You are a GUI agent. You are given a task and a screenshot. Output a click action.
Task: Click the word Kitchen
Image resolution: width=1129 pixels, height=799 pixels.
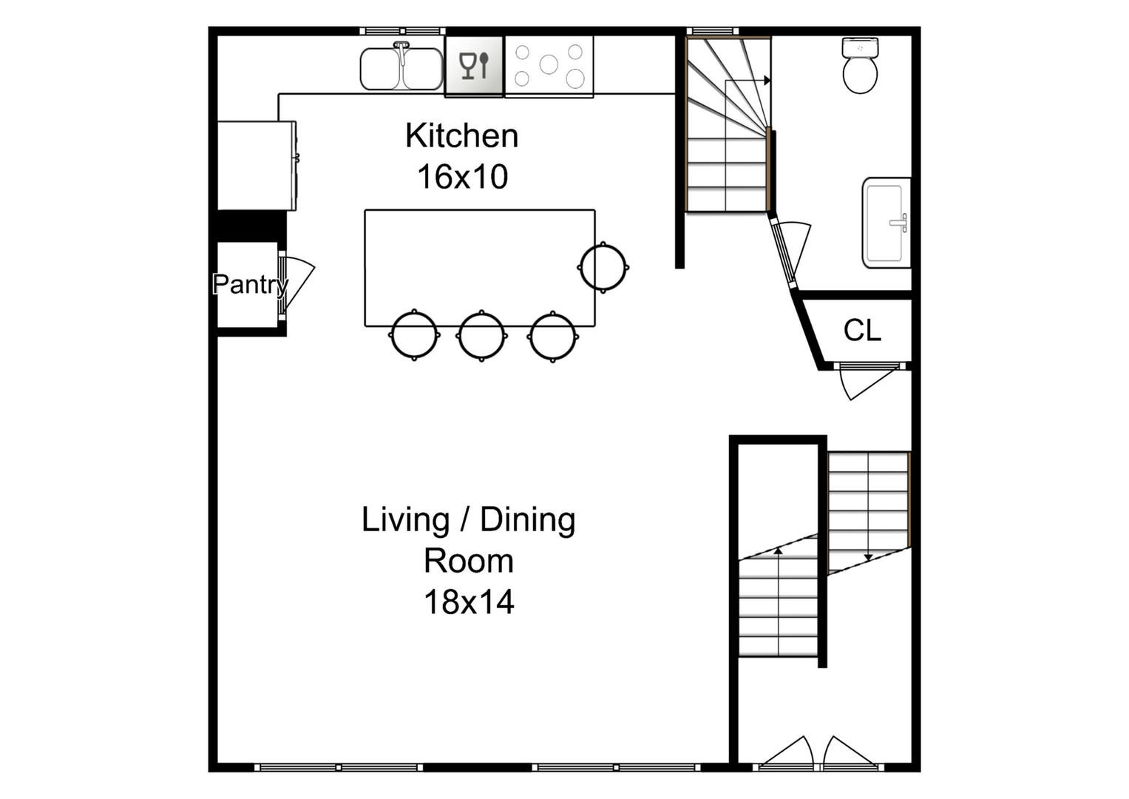pos(461,136)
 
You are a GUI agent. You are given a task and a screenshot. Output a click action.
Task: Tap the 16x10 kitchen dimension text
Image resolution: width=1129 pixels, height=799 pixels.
pos(462,177)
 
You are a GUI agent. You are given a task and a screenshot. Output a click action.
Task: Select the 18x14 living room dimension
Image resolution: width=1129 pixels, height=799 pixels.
pos(468,602)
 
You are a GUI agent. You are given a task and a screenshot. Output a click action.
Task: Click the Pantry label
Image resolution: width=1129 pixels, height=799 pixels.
pos(250,284)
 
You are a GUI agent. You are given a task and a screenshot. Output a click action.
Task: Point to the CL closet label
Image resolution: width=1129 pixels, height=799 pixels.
pos(862,331)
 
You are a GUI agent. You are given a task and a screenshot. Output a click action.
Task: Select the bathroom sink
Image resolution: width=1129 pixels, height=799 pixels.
pos(886,222)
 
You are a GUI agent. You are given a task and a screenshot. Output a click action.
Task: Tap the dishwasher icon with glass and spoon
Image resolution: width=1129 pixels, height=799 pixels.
pos(474,66)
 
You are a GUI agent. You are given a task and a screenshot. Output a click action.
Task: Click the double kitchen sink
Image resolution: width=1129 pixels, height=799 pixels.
pos(401,68)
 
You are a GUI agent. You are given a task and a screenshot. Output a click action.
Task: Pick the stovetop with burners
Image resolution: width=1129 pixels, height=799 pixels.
pos(549,66)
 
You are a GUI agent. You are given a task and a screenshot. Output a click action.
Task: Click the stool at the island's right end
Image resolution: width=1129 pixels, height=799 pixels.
pos(604,267)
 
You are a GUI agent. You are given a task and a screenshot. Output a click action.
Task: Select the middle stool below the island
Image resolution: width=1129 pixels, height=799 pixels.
pos(481,336)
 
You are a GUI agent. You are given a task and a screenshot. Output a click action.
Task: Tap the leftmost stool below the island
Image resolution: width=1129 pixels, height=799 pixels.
pos(414,336)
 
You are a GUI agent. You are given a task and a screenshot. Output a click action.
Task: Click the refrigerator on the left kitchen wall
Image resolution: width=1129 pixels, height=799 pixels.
pos(256,166)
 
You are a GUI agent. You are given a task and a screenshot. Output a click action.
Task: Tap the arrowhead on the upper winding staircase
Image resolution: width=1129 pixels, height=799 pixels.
pos(767,81)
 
